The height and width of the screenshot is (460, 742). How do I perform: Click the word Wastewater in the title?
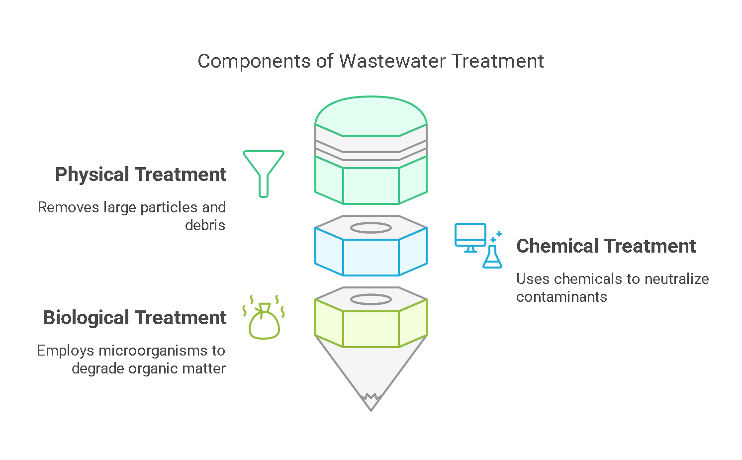[392, 61]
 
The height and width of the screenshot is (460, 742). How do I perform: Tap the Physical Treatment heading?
[141, 175]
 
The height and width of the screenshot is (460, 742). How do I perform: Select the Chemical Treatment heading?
[606, 246]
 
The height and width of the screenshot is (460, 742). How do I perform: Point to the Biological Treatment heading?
[135, 318]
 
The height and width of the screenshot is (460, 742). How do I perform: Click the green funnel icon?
[264, 174]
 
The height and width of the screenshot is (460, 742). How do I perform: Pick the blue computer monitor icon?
[470, 237]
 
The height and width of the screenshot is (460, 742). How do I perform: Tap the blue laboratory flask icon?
[492, 256]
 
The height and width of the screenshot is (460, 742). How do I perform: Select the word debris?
[205, 226]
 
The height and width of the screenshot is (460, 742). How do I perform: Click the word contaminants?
[561, 297]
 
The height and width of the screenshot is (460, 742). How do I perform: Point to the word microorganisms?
[156, 351]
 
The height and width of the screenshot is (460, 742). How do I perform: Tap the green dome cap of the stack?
[371, 116]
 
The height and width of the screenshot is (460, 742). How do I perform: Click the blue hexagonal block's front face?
[371, 257]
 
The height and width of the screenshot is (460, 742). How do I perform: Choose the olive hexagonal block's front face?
[371, 329]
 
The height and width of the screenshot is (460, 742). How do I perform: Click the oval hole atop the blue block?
[371, 228]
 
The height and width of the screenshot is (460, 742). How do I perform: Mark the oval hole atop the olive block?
[371, 299]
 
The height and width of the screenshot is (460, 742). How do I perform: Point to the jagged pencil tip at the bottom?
[371, 402]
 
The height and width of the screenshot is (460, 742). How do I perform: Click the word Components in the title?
[254, 62]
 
